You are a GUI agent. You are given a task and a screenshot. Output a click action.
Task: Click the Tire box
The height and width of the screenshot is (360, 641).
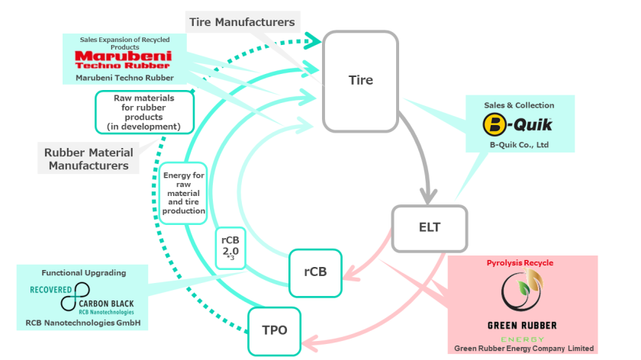click(x=361, y=80)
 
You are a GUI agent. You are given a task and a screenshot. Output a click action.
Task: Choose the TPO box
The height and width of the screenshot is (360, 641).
click(x=275, y=331)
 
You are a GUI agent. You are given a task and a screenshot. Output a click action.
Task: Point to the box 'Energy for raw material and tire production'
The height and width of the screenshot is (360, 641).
click(x=183, y=194)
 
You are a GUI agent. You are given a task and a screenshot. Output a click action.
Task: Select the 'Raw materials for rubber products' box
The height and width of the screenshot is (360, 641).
click(x=144, y=112)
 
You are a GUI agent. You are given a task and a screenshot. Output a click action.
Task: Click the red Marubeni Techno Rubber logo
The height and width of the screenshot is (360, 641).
click(x=123, y=59)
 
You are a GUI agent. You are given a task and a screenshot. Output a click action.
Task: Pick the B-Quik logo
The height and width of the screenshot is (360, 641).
click(x=519, y=123)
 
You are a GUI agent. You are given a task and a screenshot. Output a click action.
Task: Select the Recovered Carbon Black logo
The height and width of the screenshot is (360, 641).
click(x=82, y=298)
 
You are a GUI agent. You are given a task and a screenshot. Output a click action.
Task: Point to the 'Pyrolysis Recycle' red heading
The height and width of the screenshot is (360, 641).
click(x=520, y=263)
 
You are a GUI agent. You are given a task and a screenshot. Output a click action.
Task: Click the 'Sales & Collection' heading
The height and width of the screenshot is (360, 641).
click(x=519, y=105)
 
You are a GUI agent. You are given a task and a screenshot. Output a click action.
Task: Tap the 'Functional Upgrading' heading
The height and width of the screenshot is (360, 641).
click(x=83, y=272)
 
